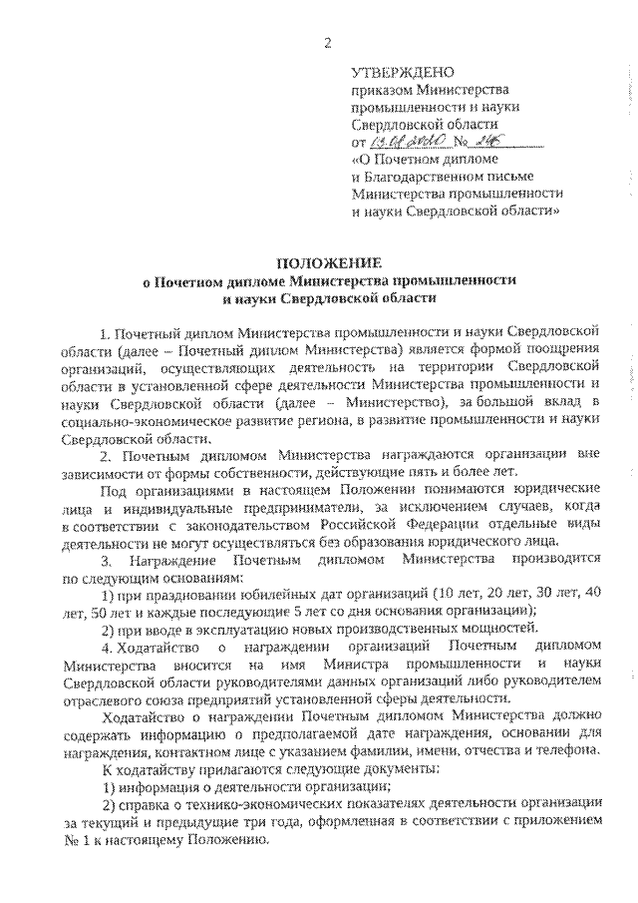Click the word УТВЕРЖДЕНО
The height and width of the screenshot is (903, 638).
pos(403,72)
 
